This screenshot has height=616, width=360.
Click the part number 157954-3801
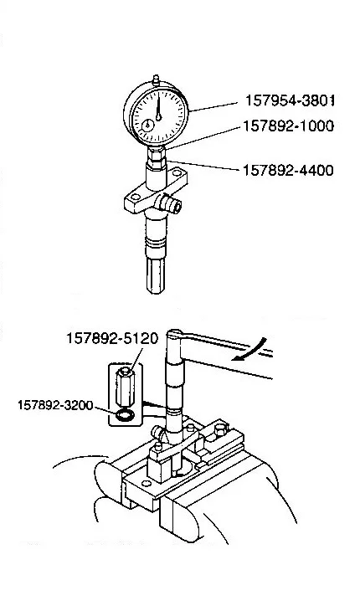pos(290,100)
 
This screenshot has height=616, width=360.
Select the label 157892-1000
pos(289,126)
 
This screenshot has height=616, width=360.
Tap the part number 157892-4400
pos(288,170)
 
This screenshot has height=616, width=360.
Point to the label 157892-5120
pos(112,339)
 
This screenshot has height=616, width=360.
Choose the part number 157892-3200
pos(55,404)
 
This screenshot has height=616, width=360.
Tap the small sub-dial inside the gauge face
pos(148,126)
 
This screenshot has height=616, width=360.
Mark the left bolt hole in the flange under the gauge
pos(136,197)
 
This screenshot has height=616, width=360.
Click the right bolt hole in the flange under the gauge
pos(177,173)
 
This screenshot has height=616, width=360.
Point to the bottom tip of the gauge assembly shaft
pos(156,292)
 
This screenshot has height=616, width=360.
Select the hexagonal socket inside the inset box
pos(126,388)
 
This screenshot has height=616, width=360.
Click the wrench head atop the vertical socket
pos(174,335)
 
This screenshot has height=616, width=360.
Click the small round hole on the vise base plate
pos(147,483)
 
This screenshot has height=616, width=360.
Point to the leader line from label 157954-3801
pos(213,107)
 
